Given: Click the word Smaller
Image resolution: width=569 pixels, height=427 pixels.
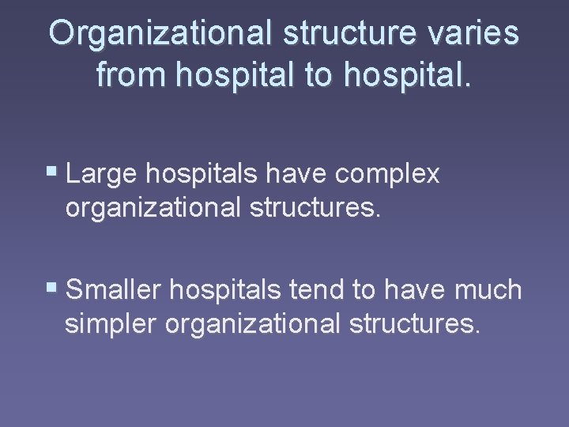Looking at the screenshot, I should point(113,290).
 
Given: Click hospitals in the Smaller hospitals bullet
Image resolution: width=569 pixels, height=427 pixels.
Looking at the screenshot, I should point(223,290).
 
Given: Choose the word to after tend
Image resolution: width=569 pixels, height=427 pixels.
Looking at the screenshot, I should point(364,291).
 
